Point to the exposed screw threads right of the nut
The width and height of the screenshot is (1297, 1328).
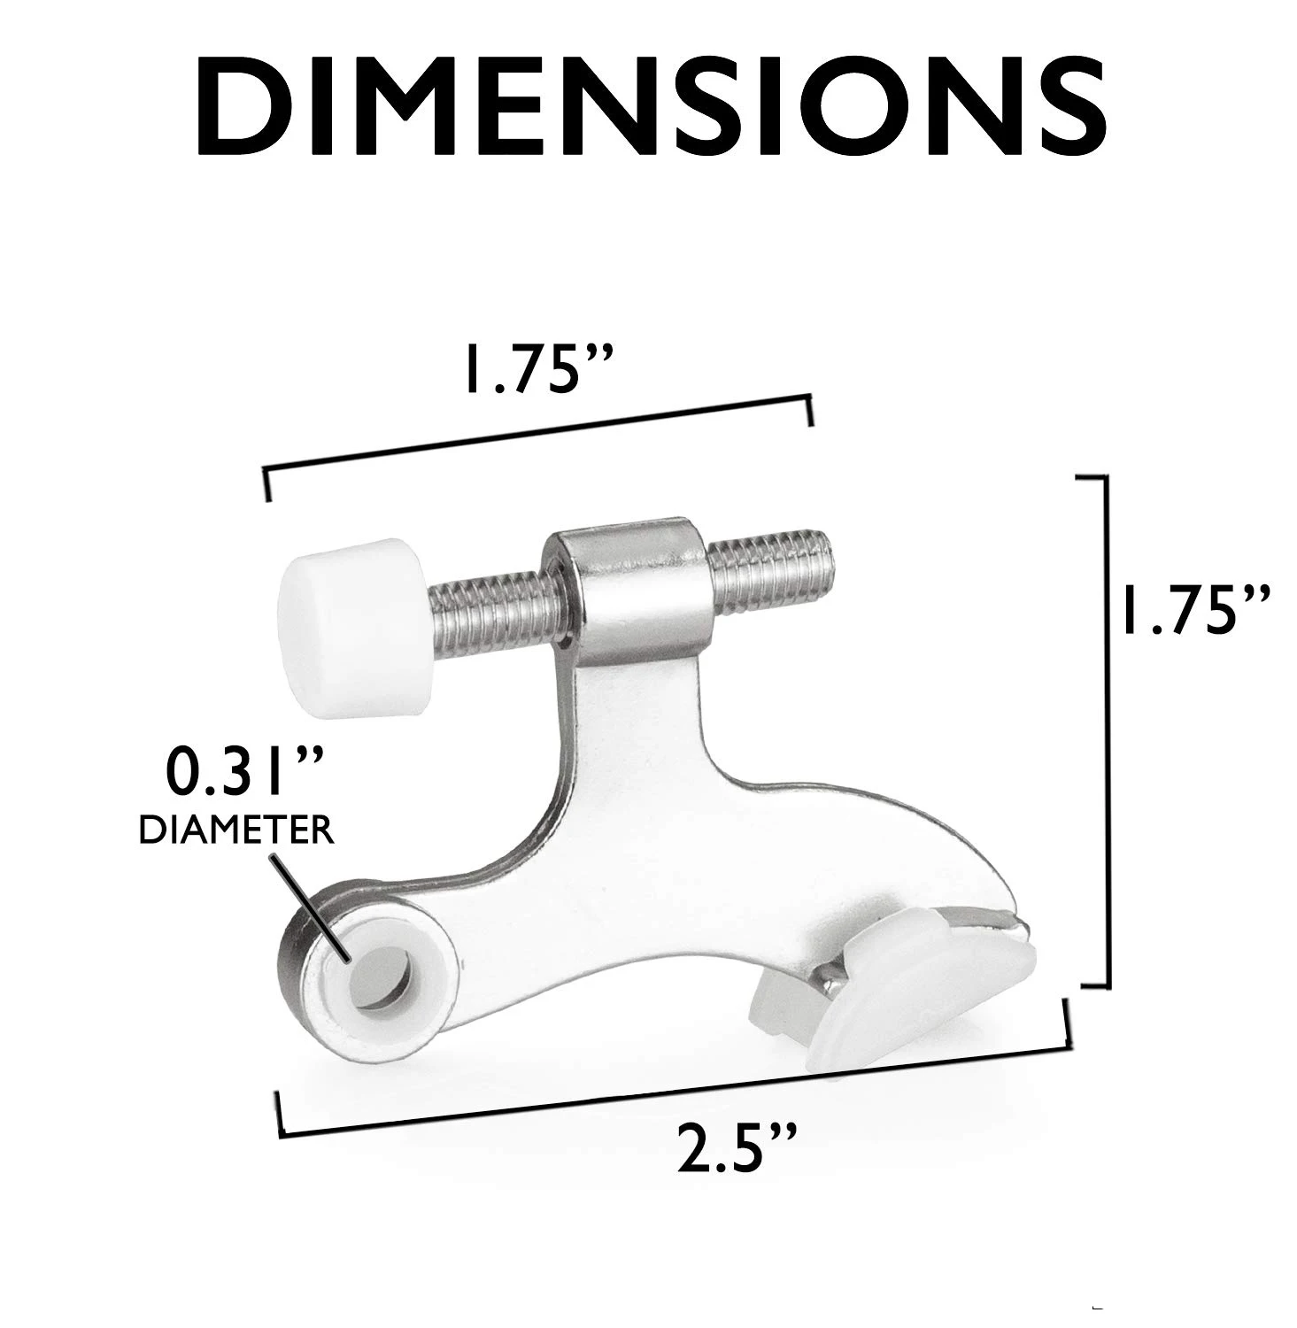click(x=770, y=571)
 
